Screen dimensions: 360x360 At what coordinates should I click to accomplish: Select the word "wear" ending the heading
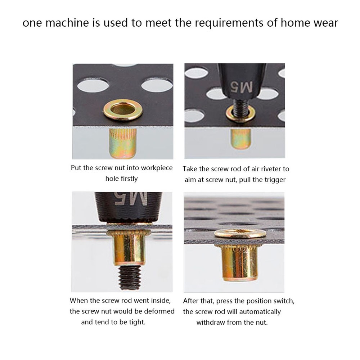pyautogui.click(x=324, y=23)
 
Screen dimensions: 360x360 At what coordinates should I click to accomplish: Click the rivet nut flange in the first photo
pyautogui.click(x=121, y=111)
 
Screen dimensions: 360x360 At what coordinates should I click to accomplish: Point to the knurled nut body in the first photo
pyautogui.click(x=122, y=144)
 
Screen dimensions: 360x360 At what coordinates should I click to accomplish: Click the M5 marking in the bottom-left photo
pyautogui.click(x=131, y=199)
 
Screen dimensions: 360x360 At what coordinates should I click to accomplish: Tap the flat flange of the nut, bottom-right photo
pyautogui.click(x=240, y=233)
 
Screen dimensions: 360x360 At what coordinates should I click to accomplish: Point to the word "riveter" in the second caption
pyautogui.click(x=265, y=169)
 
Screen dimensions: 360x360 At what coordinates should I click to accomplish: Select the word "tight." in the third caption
pyautogui.click(x=136, y=322)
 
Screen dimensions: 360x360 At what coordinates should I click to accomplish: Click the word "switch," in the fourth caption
pyautogui.click(x=287, y=301)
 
